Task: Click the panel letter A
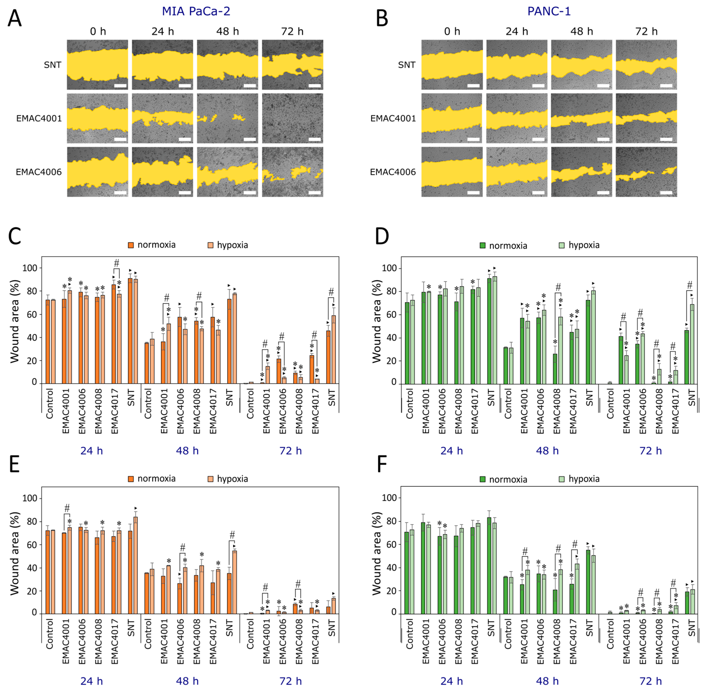14,18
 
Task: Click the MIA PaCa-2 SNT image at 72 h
292,65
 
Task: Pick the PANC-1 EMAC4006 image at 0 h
452,172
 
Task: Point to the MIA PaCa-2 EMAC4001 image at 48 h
227,118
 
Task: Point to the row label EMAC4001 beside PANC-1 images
393,118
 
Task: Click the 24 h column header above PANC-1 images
517,32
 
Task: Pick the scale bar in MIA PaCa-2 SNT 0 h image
120,86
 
